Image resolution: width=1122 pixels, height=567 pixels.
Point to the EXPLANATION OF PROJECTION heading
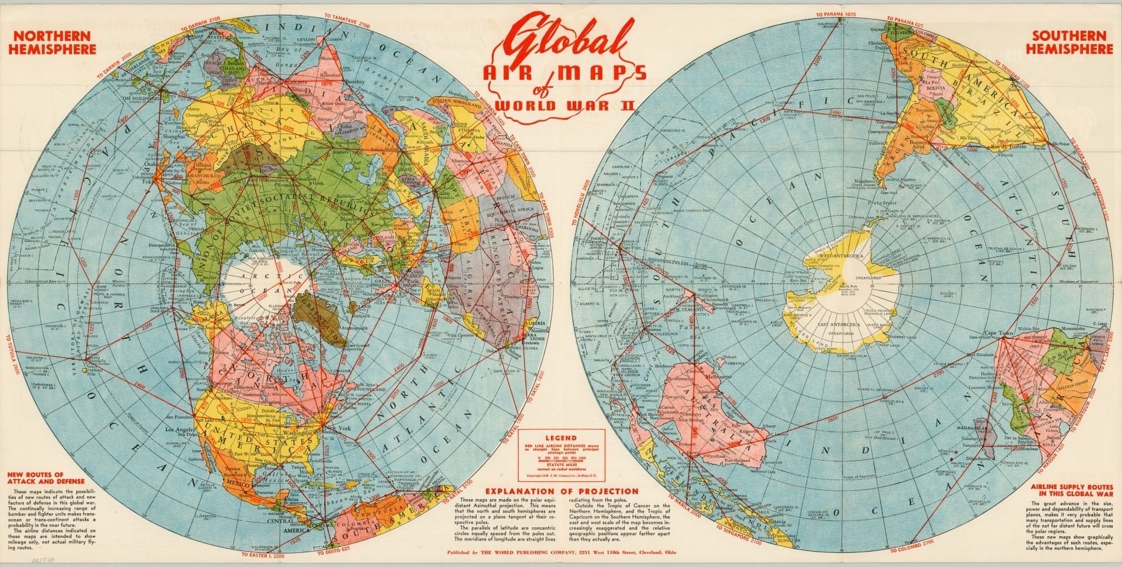(x=561, y=491)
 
